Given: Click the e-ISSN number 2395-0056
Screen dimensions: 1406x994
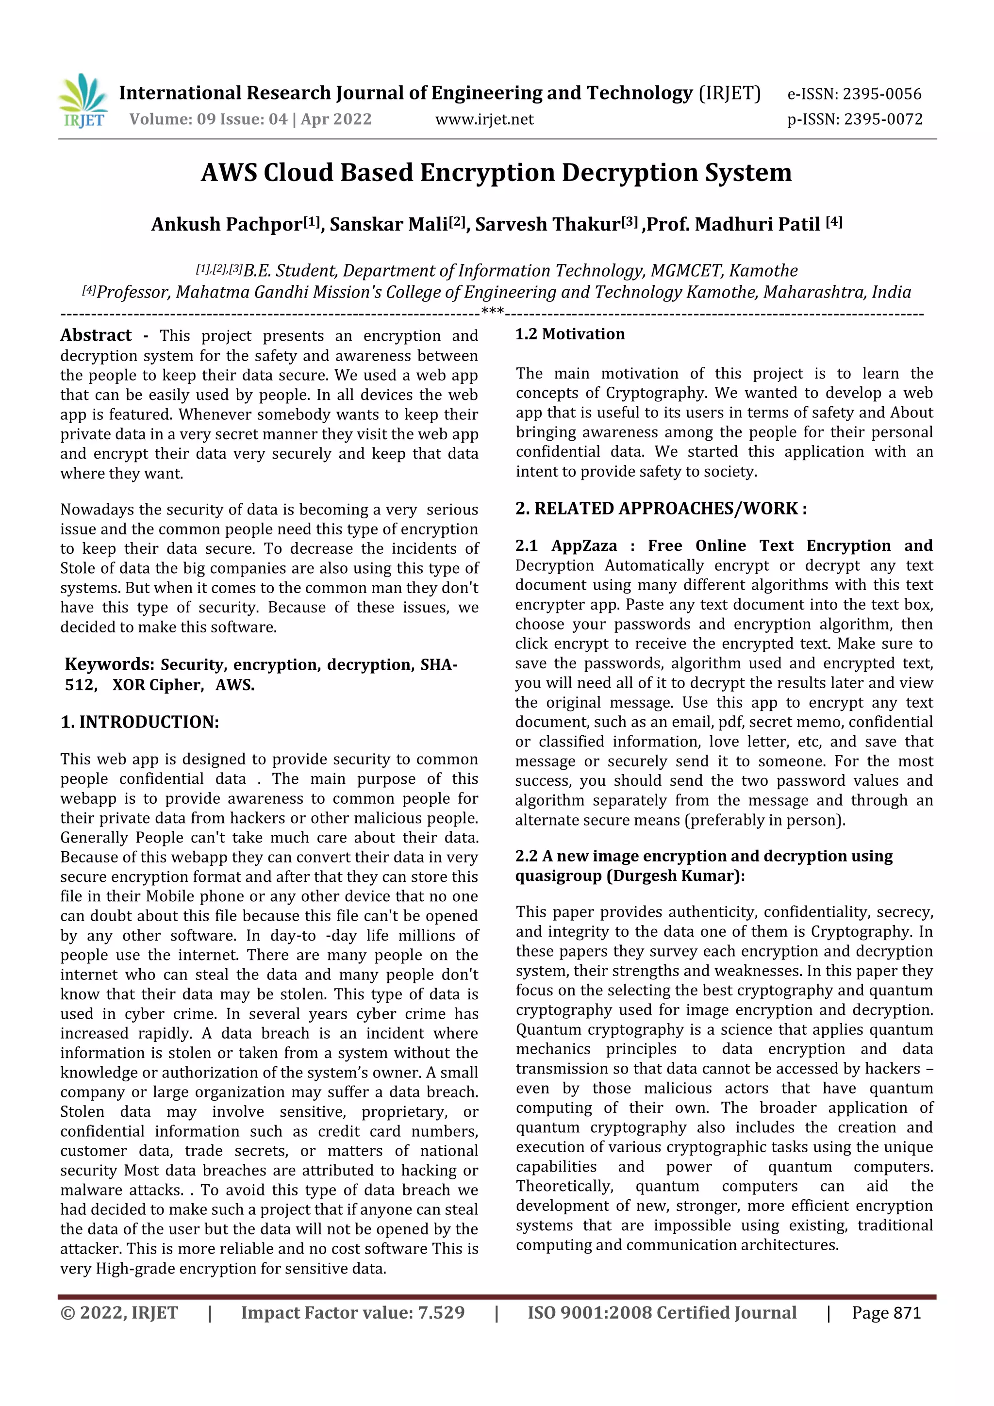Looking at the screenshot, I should click(881, 94).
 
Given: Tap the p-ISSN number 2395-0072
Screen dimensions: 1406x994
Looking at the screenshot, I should click(882, 119).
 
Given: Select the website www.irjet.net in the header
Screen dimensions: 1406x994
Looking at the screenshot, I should click(484, 119).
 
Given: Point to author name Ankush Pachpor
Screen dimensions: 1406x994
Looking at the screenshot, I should click(227, 225).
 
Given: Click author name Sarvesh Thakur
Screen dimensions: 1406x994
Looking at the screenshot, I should click(547, 225).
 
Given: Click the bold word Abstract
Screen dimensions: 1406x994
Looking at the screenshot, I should click(96, 335).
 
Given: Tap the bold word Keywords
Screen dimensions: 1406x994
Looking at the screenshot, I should click(109, 664).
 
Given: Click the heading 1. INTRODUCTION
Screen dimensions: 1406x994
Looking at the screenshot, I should click(140, 722).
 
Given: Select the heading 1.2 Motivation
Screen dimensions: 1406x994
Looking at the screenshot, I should click(570, 334).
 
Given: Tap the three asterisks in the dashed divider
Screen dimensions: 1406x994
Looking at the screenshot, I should click(492, 312).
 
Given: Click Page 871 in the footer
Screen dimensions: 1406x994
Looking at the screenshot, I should click(886, 1313).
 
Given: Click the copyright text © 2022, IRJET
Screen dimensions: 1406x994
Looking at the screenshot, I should click(119, 1313).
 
